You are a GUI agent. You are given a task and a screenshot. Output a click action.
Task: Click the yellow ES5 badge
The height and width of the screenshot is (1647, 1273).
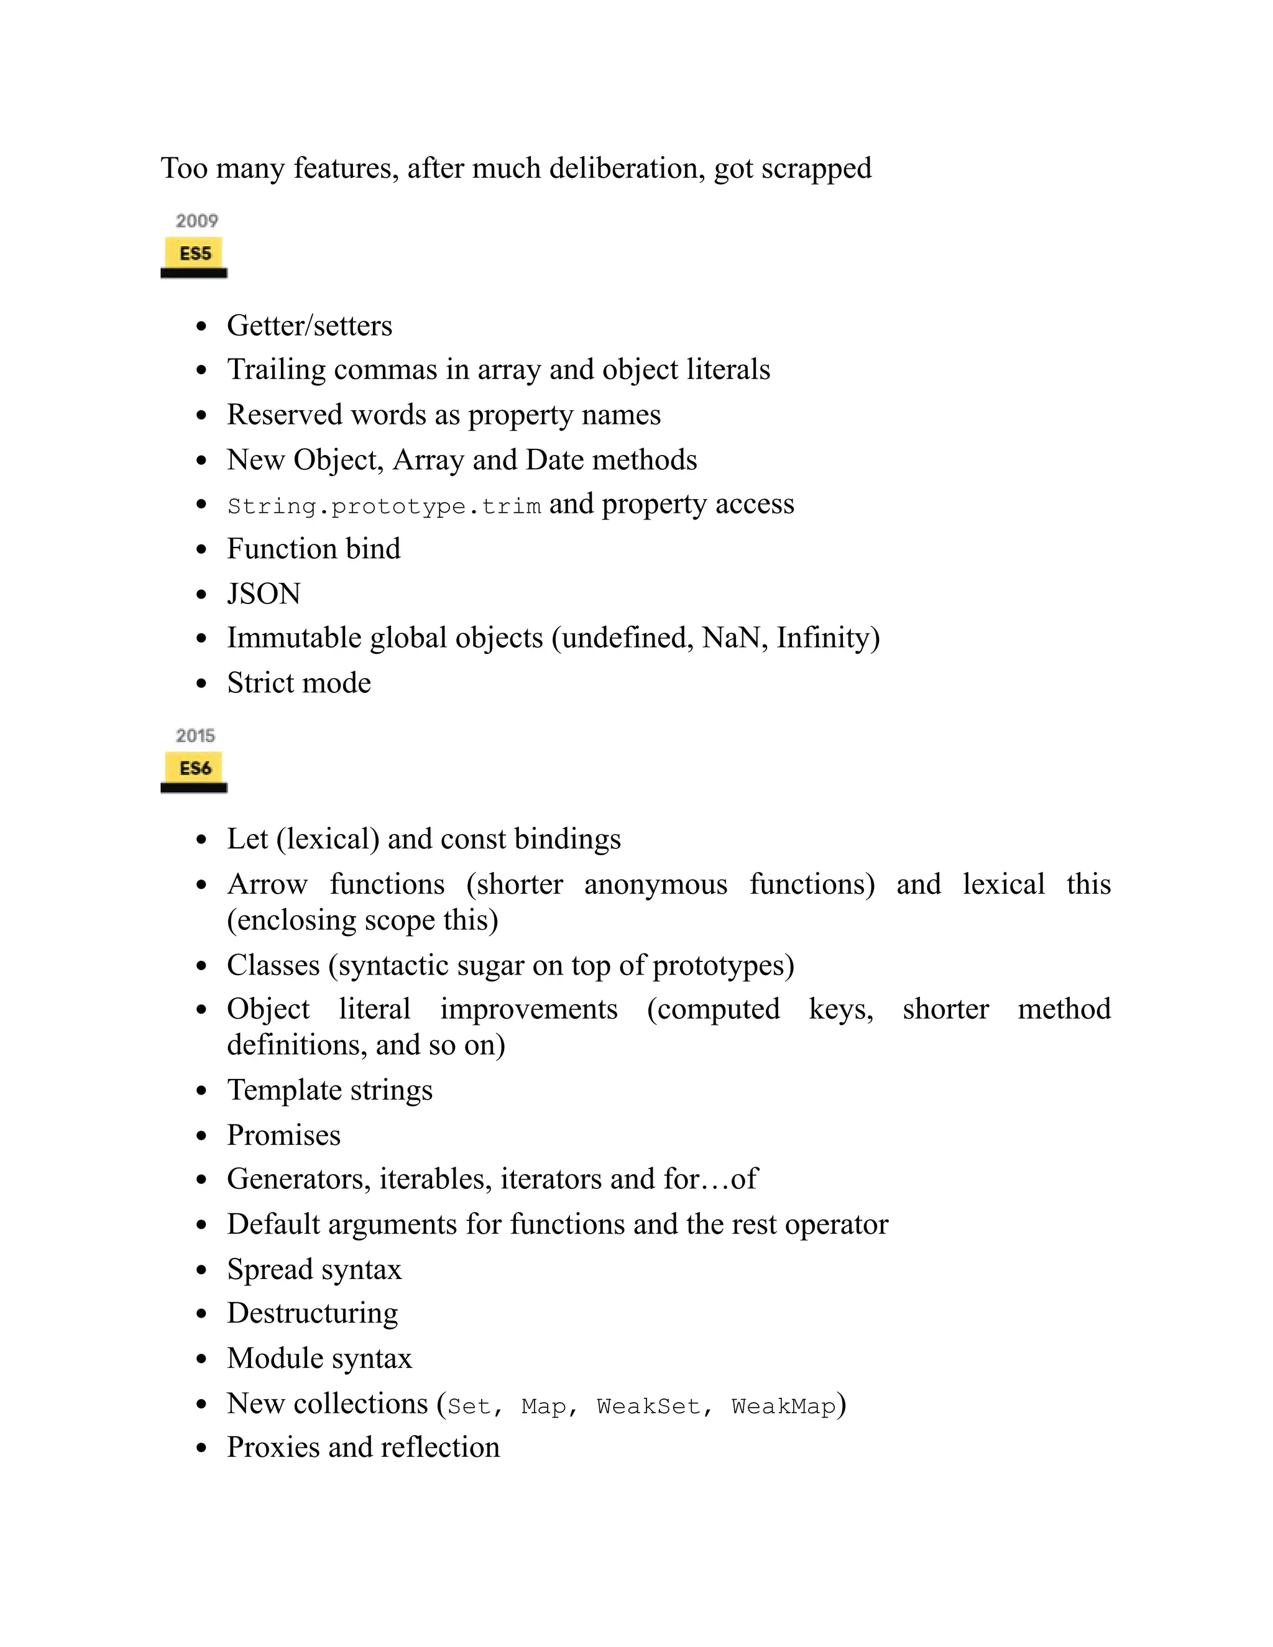195,254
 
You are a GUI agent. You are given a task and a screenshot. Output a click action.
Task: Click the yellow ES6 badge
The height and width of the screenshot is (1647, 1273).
195,768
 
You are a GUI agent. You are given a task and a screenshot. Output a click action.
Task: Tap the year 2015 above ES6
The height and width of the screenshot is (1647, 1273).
195,735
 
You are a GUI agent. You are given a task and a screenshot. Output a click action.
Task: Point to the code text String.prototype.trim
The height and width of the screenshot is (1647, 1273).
384,506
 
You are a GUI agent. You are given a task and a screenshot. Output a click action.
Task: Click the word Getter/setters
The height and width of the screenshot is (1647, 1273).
309,326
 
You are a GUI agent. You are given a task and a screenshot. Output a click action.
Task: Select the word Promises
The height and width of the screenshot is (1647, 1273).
283,1135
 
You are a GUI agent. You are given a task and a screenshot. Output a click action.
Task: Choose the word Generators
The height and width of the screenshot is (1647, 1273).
298,1178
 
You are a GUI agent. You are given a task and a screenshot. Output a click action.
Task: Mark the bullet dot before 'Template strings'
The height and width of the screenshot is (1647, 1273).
201,1091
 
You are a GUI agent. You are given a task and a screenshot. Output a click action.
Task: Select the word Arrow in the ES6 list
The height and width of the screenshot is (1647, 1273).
267,884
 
